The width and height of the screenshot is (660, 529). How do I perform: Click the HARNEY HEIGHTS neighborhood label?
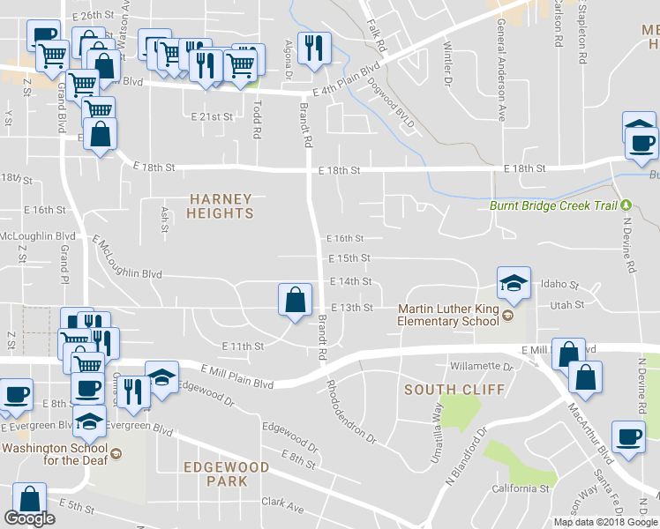coord(221,206)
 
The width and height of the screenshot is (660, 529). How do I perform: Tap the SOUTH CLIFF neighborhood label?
coord(454,389)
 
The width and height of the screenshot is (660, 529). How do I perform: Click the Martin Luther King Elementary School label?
coord(448,315)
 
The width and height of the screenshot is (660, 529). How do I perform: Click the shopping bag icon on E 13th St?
coord(294,300)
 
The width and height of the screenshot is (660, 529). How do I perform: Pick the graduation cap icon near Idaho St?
coord(514,283)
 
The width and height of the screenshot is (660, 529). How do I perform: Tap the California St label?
coord(521,488)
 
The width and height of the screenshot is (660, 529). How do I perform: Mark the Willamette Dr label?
coord(481,366)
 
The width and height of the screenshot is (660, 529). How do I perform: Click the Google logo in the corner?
coord(29,518)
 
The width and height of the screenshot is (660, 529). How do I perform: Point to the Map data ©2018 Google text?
coord(606,522)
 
